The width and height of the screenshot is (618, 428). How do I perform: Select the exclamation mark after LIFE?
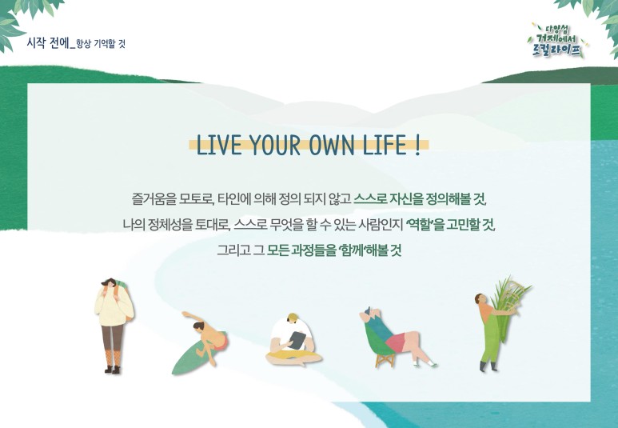tap(418, 144)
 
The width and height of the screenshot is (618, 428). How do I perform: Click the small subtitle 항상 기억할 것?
tap(101, 44)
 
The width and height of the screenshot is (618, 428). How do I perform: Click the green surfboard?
tap(192, 357)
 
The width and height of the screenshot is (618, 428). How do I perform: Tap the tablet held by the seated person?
tap(297, 340)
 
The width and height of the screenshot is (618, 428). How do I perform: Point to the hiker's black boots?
tap(113, 370)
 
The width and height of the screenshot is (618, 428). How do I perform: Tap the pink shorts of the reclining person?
tap(395, 342)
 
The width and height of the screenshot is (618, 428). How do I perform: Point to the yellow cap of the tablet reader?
tap(293, 316)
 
